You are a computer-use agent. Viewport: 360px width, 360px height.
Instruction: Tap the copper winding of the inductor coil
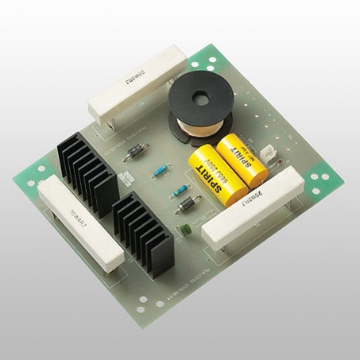coord(194,126)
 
